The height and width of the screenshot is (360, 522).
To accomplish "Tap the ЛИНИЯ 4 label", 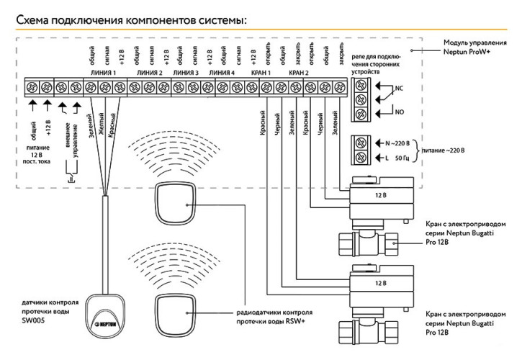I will (x=221, y=73).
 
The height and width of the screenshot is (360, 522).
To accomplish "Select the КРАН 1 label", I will (x=259, y=73).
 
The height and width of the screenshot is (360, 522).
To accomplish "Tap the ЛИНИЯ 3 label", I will (x=186, y=73).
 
